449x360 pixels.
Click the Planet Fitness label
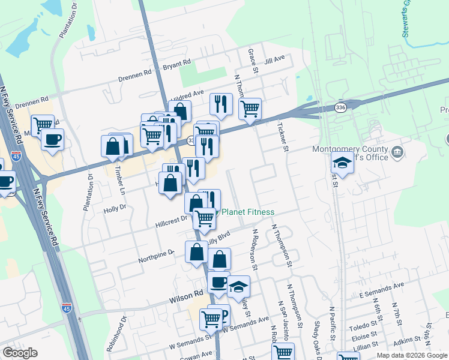248,212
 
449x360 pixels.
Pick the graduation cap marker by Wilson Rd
239,287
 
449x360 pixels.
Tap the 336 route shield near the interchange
340,107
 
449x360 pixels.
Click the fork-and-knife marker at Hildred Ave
221,104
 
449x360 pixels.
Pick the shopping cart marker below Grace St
250,109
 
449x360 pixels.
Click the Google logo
20,353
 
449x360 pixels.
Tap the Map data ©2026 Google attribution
411,355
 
